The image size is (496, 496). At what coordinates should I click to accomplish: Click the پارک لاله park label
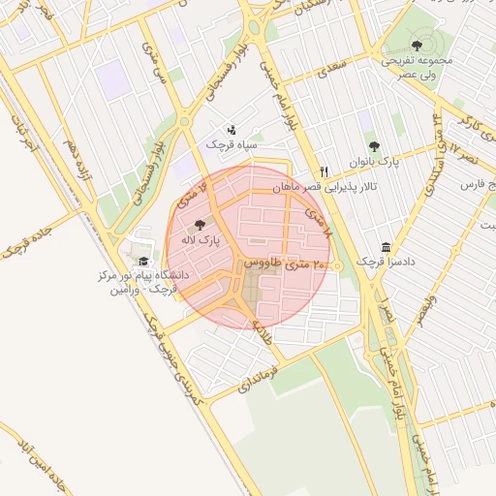204,238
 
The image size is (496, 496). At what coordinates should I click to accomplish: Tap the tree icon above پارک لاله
201,224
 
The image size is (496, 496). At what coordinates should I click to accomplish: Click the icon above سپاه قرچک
231,129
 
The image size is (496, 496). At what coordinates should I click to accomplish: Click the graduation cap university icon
142,261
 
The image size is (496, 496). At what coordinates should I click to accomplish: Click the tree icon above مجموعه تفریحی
417,45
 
